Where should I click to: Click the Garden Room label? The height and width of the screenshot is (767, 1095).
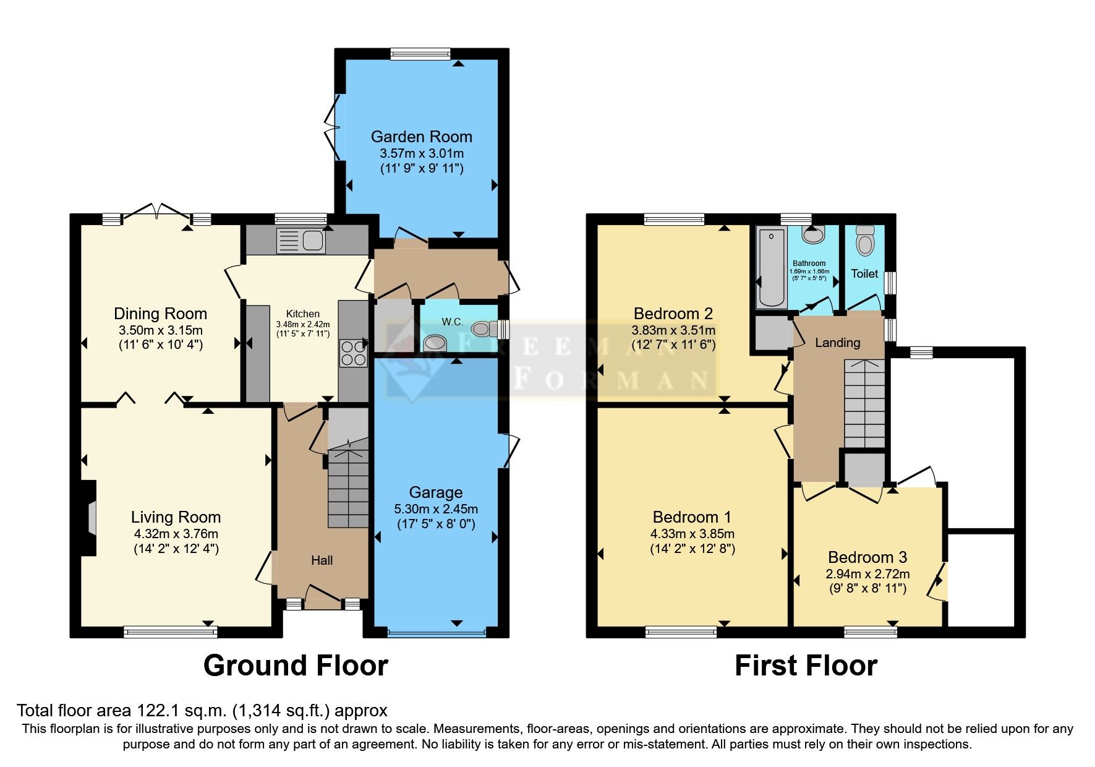pyautogui.click(x=421, y=137)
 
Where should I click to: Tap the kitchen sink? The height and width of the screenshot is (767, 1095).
pyautogui.click(x=300, y=241)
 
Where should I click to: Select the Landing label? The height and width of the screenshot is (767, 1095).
pyautogui.click(x=837, y=343)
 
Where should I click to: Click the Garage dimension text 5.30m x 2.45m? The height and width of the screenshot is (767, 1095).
pyautogui.click(x=436, y=509)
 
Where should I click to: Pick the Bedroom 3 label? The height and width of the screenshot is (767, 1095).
pyautogui.click(x=867, y=557)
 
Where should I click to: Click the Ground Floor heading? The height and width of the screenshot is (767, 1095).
pyautogui.click(x=296, y=666)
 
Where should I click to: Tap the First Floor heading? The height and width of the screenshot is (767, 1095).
pyautogui.click(x=806, y=666)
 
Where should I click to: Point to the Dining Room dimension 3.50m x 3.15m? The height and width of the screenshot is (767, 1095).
pyautogui.click(x=161, y=330)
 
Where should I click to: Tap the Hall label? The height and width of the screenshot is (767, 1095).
pyautogui.click(x=322, y=560)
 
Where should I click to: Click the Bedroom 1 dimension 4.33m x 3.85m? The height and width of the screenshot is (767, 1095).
pyautogui.click(x=692, y=534)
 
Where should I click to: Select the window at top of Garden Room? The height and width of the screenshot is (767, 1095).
pyautogui.click(x=420, y=54)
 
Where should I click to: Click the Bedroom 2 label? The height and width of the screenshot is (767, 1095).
pyautogui.click(x=673, y=313)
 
